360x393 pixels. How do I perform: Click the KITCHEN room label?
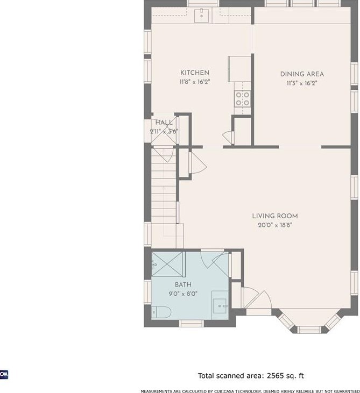click(195, 73)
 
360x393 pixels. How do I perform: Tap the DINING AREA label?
click(302, 74)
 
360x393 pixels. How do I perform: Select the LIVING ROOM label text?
click(275, 216)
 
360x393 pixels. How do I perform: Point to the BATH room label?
click(183, 285)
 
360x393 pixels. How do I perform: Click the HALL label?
click(164, 123)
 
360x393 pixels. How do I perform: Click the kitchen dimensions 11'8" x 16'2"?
click(195, 82)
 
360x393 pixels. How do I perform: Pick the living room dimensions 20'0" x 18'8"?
click(275, 225)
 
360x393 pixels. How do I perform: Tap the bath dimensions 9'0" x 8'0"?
click(183, 294)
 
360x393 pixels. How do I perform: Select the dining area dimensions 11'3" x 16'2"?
click(302, 83)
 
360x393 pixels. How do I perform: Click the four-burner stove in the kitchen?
click(243, 99)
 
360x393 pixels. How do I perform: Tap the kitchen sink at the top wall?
click(202, 16)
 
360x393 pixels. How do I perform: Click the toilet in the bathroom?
click(161, 312)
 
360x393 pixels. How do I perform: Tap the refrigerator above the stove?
click(239, 69)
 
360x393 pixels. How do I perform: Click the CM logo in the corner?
click(4, 375)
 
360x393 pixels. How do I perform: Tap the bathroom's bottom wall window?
click(192, 324)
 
